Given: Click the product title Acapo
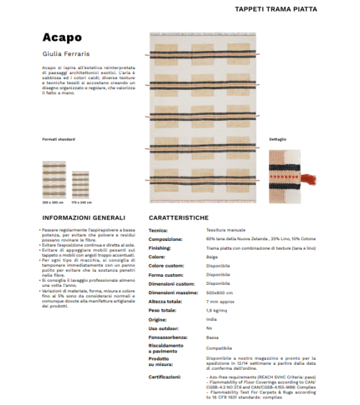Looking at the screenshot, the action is click(61, 37).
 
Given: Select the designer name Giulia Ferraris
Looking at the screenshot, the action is click(66, 53).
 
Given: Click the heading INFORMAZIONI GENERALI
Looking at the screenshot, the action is click(84, 217).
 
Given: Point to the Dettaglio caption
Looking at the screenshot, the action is click(277, 139).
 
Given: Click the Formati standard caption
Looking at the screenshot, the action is click(58, 139).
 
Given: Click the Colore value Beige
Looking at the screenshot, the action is click(212, 257).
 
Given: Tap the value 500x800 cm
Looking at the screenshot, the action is click(220, 291).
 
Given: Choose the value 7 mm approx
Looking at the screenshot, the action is click(220, 301).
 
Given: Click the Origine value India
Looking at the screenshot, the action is click(212, 319).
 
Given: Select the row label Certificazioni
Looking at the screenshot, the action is click(165, 376).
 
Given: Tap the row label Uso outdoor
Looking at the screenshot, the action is click(164, 328).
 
